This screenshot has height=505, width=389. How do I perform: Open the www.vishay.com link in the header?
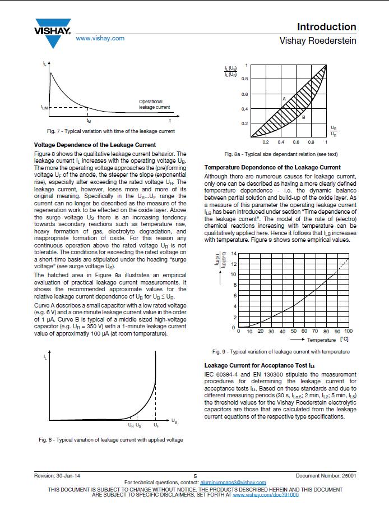tap(100, 38)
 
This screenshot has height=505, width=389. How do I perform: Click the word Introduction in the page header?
tap(326, 27)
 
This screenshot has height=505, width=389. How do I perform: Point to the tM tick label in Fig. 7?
tap(89, 120)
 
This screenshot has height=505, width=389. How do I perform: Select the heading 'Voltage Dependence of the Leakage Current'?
tap(95, 145)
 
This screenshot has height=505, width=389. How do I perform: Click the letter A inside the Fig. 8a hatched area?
tap(284, 99)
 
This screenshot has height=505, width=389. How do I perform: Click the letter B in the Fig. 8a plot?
tap(303, 117)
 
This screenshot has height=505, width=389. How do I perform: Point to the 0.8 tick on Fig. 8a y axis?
tap(244, 79)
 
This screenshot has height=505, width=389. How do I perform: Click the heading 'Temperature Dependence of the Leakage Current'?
tap(272, 167)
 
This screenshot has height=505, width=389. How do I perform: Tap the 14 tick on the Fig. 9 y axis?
tap(234, 254)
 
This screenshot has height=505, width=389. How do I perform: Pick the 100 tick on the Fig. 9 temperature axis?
tap(349, 331)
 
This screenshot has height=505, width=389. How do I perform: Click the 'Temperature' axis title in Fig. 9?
tap(321, 340)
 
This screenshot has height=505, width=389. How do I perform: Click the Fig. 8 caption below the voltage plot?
tap(110, 439)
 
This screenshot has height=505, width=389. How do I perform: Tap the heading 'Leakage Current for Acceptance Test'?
tap(260, 366)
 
